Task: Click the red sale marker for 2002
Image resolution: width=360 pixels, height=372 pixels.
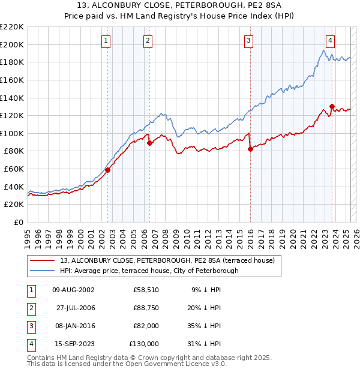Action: (108, 170)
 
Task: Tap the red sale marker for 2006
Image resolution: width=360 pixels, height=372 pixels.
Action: (149, 143)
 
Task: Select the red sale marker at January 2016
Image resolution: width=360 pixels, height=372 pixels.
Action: (250, 149)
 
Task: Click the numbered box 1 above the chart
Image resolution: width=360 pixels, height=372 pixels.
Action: (106, 41)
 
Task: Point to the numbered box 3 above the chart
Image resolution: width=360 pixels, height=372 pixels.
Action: (248, 41)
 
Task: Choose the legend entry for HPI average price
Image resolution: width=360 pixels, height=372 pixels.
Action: (149, 271)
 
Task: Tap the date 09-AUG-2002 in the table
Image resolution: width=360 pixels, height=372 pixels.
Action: (73, 290)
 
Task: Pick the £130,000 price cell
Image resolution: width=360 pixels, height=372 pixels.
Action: (144, 344)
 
